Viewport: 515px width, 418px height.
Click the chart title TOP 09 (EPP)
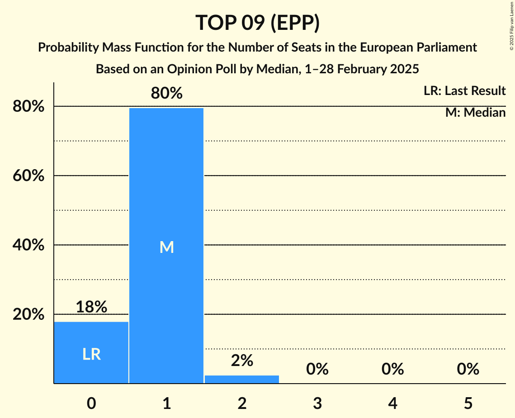[257, 23]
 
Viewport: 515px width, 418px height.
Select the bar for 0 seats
[91, 352]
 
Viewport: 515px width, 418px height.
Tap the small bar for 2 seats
[242, 380]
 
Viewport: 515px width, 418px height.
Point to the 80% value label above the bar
[166, 93]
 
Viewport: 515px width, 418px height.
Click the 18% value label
[91, 307]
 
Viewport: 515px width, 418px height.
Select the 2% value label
[242, 361]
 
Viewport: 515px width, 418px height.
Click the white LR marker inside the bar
[91, 355]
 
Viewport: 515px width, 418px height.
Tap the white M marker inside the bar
[166, 247]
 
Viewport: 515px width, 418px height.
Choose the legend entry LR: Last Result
[464, 91]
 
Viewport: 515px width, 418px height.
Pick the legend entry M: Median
[475, 112]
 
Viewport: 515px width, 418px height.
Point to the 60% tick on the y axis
[28, 176]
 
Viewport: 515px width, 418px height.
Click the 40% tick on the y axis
[28, 245]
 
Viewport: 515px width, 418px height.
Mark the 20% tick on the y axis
[28, 314]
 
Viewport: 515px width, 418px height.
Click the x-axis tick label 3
[317, 403]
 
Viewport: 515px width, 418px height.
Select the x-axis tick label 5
[468, 403]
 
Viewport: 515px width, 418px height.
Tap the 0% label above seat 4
[392, 370]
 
